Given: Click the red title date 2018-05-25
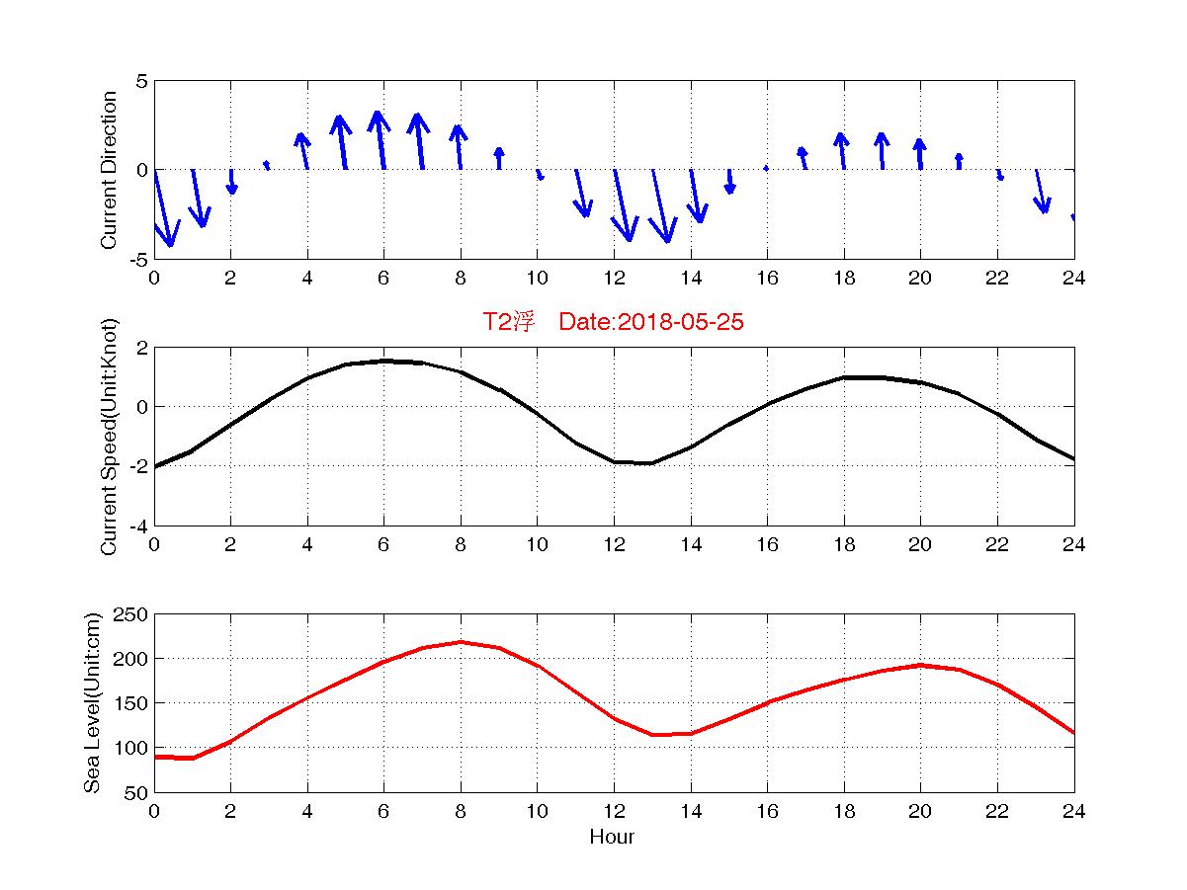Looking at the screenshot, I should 682,322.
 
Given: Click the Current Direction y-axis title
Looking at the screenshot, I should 110,170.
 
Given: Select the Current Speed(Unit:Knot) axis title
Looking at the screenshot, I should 110,437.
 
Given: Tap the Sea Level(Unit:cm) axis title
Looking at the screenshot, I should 93,703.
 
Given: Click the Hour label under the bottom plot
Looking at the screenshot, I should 613,838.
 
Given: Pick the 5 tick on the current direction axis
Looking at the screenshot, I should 142,81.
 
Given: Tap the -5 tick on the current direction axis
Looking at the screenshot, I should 137,259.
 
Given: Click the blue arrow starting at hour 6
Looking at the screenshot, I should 380,140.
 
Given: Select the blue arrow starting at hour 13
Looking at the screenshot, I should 661,205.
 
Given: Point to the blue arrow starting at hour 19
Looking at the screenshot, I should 882,151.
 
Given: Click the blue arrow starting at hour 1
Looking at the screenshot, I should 199,199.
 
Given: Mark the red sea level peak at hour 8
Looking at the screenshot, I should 461,642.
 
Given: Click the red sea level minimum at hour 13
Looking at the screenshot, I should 652,735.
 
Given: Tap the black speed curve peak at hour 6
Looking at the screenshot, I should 383,361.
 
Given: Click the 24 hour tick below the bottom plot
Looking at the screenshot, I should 1074,811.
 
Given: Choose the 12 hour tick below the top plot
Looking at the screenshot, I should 614,278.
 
